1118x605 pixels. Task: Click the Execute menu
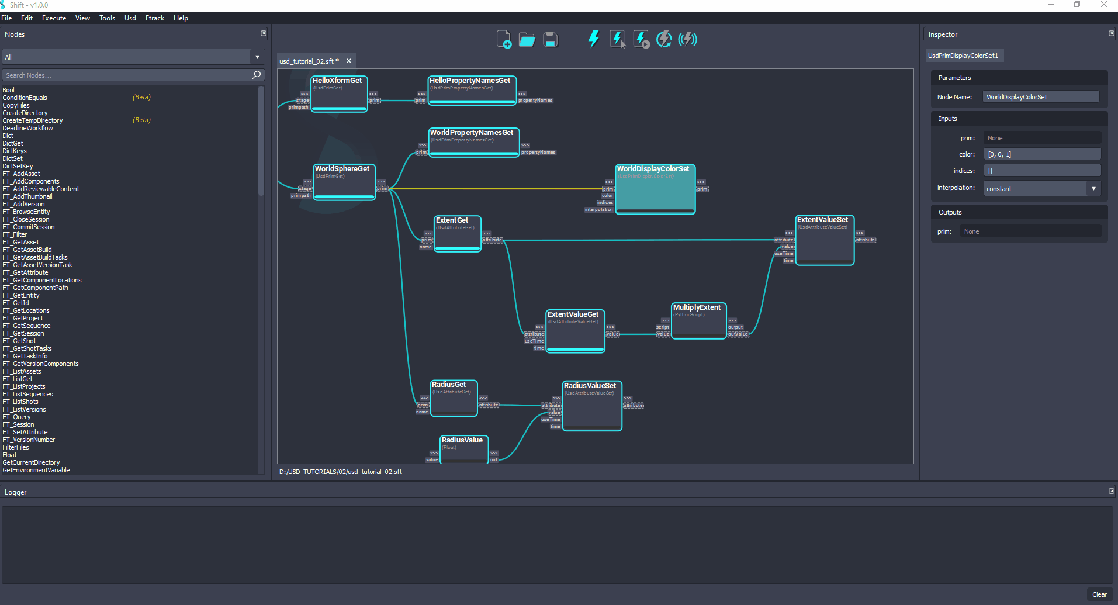click(x=54, y=18)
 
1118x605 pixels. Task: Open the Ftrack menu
click(x=154, y=18)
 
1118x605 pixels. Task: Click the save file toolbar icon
click(x=550, y=40)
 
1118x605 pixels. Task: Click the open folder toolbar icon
click(x=527, y=40)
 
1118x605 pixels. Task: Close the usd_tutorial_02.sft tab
click(x=349, y=61)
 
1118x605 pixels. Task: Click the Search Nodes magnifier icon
click(x=256, y=75)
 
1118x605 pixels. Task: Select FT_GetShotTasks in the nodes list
click(x=32, y=348)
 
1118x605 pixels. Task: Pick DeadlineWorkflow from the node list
click(x=27, y=128)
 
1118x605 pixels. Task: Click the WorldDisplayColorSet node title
click(x=653, y=169)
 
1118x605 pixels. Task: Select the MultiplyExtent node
click(x=697, y=307)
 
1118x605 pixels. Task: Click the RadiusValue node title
click(x=462, y=440)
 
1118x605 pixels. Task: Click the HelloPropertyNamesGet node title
click(x=470, y=81)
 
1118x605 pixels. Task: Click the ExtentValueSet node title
click(x=822, y=220)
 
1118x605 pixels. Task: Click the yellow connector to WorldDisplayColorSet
click(x=497, y=189)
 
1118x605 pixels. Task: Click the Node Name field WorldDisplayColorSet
click(x=1040, y=97)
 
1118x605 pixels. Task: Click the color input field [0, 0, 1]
click(x=1041, y=154)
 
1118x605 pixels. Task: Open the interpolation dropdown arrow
click(x=1093, y=188)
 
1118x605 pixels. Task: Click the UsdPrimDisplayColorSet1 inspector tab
click(x=963, y=56)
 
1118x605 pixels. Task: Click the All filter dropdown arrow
click(x=257, y=57)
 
